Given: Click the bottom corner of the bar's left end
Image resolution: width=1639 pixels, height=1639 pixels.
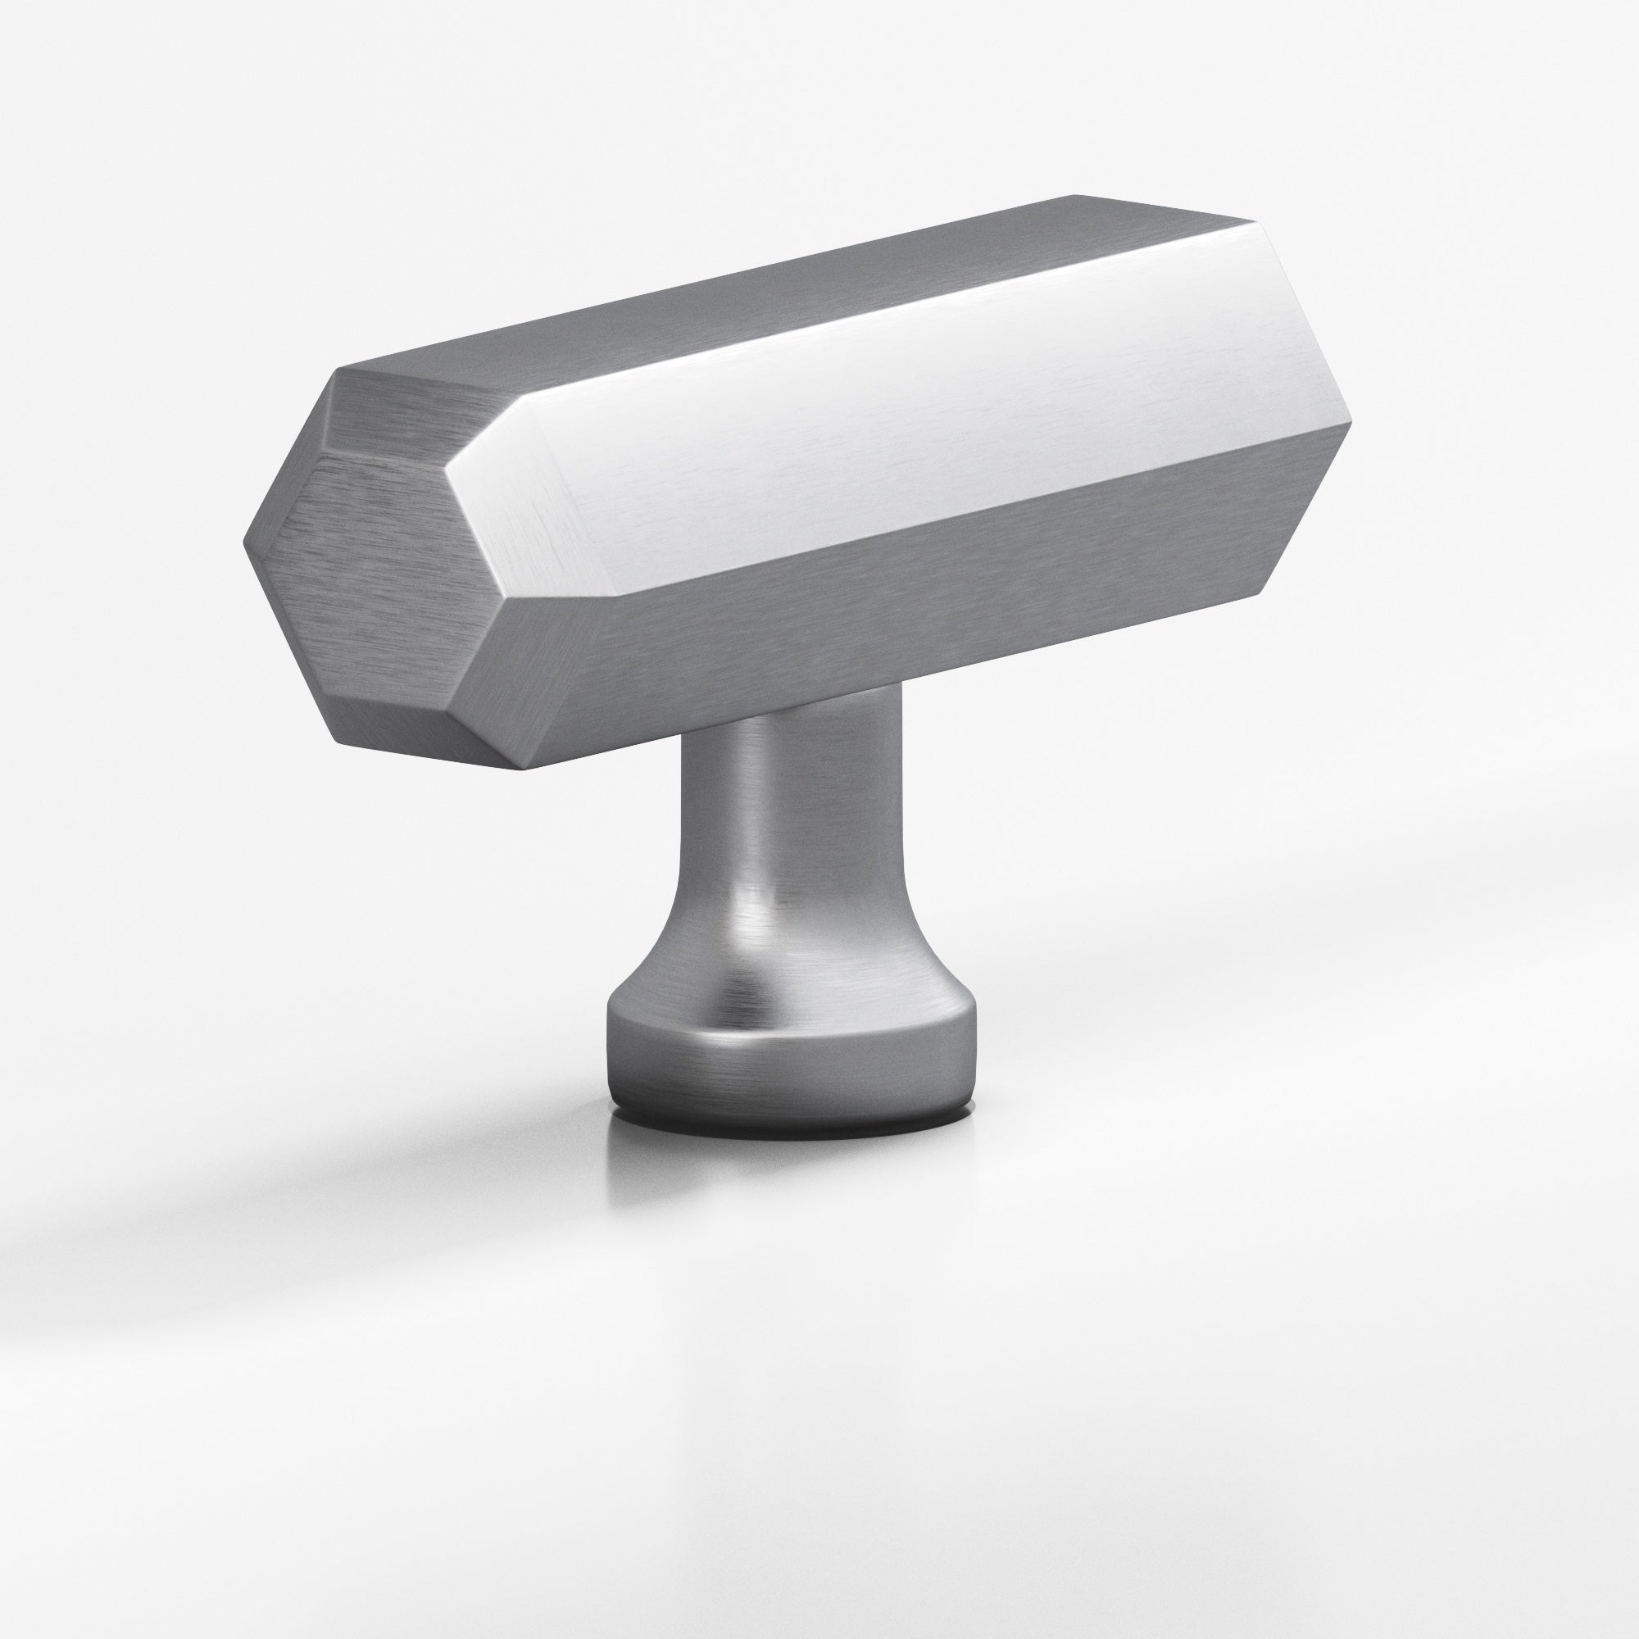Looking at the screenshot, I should (523, 769).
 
